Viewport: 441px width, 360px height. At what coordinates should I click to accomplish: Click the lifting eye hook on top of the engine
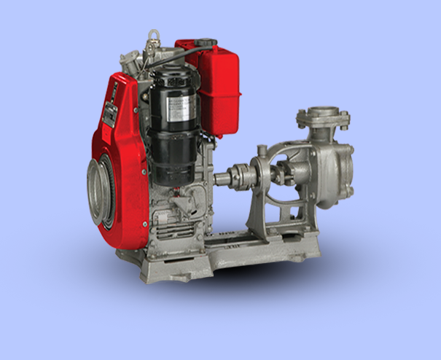(154, 34)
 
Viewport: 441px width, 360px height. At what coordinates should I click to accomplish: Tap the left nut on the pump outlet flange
(300, 117)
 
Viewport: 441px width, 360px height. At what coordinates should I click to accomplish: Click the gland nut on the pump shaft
(281, 175)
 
